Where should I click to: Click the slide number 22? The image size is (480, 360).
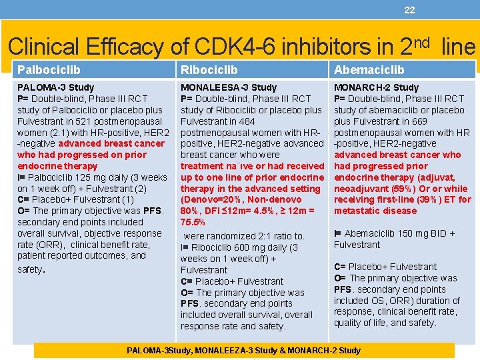click(409, 9)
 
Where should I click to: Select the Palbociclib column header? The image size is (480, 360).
click(49, 69)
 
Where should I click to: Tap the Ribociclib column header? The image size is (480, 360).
click(209, 69)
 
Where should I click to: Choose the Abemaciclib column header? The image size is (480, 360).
click(369, 69)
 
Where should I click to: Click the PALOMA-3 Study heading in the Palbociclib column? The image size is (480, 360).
click(55, 87)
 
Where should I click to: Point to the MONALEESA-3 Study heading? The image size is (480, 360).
click(228, 87)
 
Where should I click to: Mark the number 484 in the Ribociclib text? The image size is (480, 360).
click(245, 121)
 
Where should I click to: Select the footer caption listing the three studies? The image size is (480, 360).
click(243, 350)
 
